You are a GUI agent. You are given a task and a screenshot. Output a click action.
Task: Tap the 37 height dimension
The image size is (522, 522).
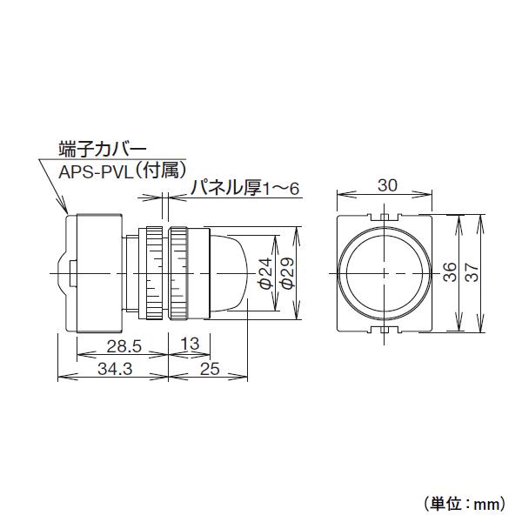coord(471,272)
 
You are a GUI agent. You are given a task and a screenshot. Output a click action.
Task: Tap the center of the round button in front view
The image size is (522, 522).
coord(384,272)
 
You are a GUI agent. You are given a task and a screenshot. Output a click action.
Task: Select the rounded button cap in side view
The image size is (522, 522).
coord(231,272)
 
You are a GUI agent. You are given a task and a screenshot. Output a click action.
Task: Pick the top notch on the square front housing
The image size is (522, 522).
coord(384,214)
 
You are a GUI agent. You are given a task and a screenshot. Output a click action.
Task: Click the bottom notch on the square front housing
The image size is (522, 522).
coord(384,331)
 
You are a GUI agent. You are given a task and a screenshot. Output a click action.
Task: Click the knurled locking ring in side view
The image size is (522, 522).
coord(178,272)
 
